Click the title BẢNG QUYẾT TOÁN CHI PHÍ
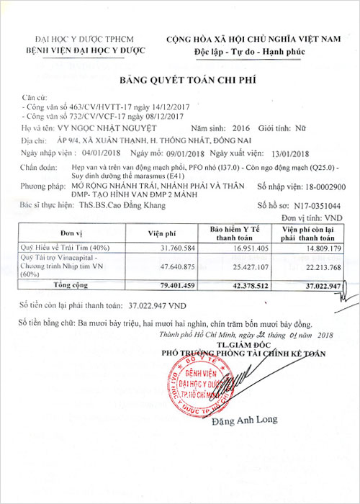pyautogui.click(x=179, y=80)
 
